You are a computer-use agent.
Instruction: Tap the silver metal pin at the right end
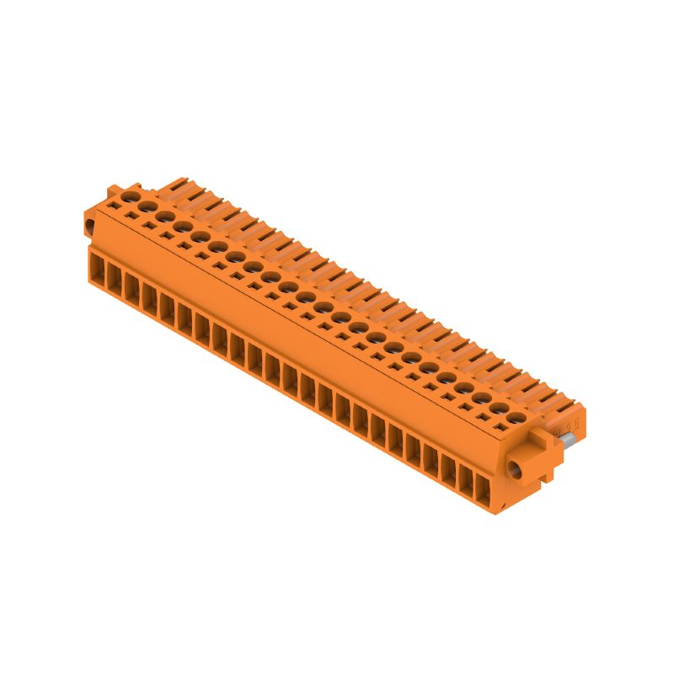pos(570,438)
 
